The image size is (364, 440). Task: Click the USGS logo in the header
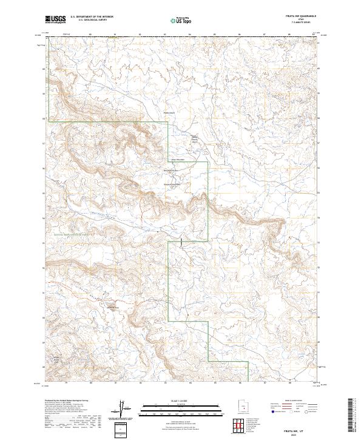click(x=55, y=19)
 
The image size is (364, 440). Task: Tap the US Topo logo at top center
click(x=182, y=20)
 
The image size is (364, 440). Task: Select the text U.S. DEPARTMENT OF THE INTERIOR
click(x=92, y=18)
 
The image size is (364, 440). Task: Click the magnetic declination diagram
click(x=123, y=408)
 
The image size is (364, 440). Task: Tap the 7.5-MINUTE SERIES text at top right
click(x=303, y=24)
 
